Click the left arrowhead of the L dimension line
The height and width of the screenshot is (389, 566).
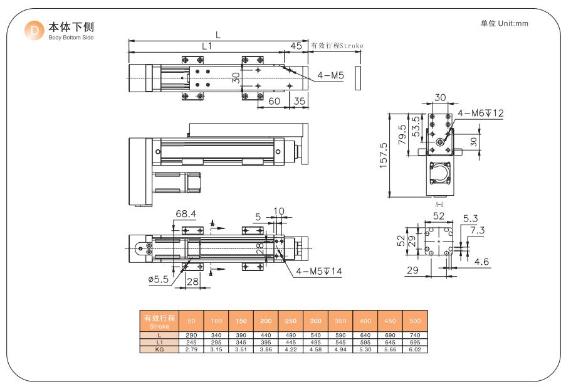pyautogui.click(x=131, y=41)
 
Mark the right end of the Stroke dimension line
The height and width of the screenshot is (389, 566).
pyautogui.click(x=361, y=51)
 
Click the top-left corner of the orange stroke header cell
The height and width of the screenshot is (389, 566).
pyautogui.click(x=140, y=311)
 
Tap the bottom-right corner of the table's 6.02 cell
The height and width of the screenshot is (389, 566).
pyautogui.click(x=427, y=353)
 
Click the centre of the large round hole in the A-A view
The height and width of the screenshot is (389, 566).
pyautogui.click(x=439, y=142)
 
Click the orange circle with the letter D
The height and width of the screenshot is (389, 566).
pyautogui.click(x=34, y=30)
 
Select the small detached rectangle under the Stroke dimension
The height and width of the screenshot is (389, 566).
pyautogui.click(x=358, y=78)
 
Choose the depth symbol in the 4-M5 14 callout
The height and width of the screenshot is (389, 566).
pyautogui.click(x=327, y=271)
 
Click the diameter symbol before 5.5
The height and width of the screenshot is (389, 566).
pyautogui.click(x=152, y=279)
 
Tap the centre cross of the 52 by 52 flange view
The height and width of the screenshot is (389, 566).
pyautogui.click(x=439, y=241)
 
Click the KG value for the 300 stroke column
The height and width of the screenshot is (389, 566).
pyautogui.click(x=315, y=349)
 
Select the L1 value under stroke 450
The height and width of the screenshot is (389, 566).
pyautogui.click(x=390, y=342)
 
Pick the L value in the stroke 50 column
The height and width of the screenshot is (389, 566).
pyautogui.click(x=191, y=335)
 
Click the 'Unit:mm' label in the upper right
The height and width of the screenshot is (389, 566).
pyautogui.click(x=513, y=23)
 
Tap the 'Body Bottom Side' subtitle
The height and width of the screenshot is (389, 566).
pyautogui.click(x=71, y=38)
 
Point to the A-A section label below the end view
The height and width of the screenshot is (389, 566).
pyautogui.click(x=439, y=205)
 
